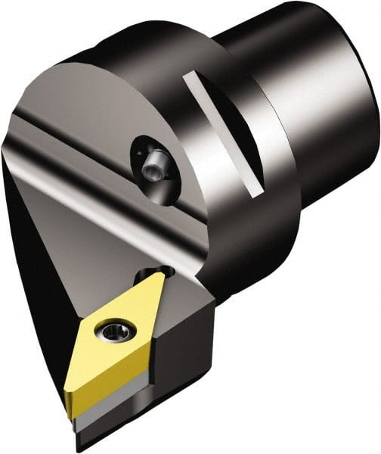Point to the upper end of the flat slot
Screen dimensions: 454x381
[x=194, y=75]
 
